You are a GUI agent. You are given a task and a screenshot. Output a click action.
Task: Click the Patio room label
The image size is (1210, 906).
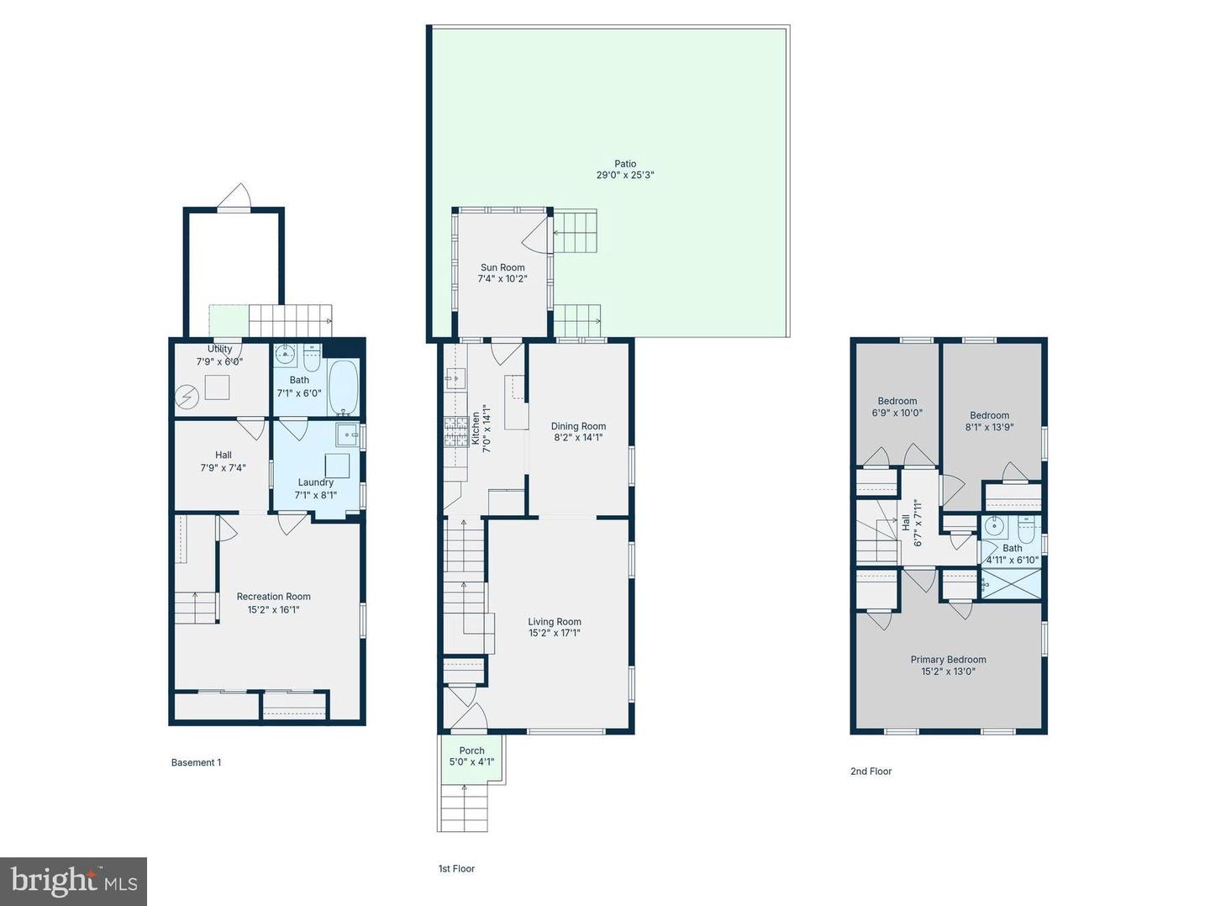click(625, 164)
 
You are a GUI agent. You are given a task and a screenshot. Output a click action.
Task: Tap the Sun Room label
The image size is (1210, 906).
click(502, 267)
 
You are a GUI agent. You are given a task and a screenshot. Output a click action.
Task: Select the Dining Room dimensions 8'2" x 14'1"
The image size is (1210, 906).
click(578, 438)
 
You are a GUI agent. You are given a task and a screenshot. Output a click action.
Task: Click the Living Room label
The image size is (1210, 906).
click(555, 622)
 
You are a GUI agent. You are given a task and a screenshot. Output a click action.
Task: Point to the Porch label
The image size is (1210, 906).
click(471, 751)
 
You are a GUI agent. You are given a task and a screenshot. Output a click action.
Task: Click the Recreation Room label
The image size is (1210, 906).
click(273, 597)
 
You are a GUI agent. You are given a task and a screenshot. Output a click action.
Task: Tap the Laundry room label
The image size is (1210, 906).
click(315, 482)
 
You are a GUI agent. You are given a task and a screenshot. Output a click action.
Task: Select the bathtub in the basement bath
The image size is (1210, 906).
click(342, 387)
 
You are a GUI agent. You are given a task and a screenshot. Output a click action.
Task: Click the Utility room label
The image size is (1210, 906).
click(220, 349)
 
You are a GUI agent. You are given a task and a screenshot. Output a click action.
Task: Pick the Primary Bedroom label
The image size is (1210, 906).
click(948, 660)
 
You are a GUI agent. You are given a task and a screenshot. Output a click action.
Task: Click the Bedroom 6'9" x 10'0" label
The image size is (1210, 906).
click(897, 401)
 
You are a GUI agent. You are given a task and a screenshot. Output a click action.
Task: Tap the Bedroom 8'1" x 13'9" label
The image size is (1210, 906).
click(989, 415)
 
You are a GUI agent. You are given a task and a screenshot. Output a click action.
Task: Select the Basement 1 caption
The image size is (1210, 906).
click(196, 763)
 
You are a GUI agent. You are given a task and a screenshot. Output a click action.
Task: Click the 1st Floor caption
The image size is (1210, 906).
click(456, 869)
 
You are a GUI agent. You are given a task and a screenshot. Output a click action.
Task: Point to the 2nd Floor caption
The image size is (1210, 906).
click(871, 772)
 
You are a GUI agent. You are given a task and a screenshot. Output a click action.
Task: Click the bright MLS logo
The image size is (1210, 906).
click(74, 881)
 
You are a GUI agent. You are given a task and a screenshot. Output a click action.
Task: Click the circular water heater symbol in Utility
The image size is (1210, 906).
click(187, 394)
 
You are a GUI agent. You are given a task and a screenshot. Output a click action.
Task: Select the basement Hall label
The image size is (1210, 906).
click(223, 455)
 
